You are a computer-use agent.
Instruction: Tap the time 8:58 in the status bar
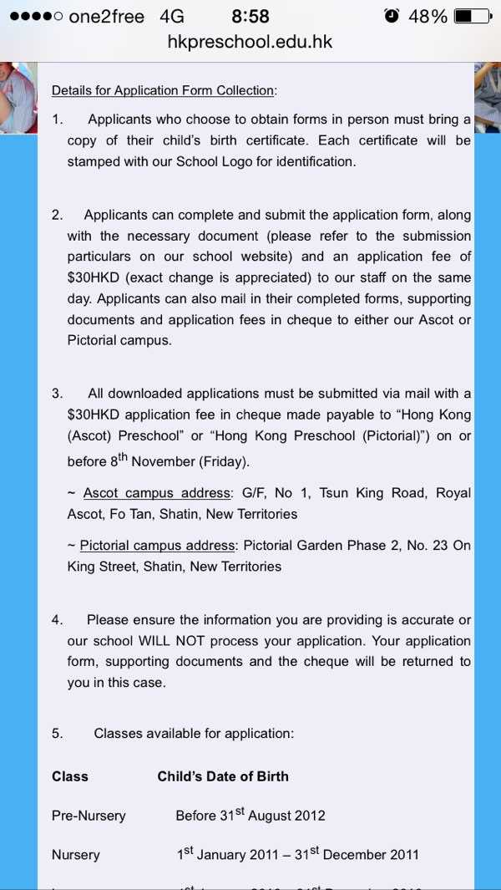250,16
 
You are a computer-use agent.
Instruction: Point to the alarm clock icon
392,16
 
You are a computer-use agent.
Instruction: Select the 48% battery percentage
428,16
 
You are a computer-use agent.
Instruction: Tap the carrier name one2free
106,17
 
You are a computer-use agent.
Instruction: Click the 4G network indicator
172,17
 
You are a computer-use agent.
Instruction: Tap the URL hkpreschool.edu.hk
250,41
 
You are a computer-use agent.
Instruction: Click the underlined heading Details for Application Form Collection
164,90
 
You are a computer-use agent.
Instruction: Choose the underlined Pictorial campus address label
158,546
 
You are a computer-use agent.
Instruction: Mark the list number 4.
57,620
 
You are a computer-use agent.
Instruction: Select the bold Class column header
70,776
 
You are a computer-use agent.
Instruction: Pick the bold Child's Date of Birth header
223,776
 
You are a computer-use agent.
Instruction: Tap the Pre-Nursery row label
88,816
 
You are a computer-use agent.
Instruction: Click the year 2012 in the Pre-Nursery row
308,816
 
